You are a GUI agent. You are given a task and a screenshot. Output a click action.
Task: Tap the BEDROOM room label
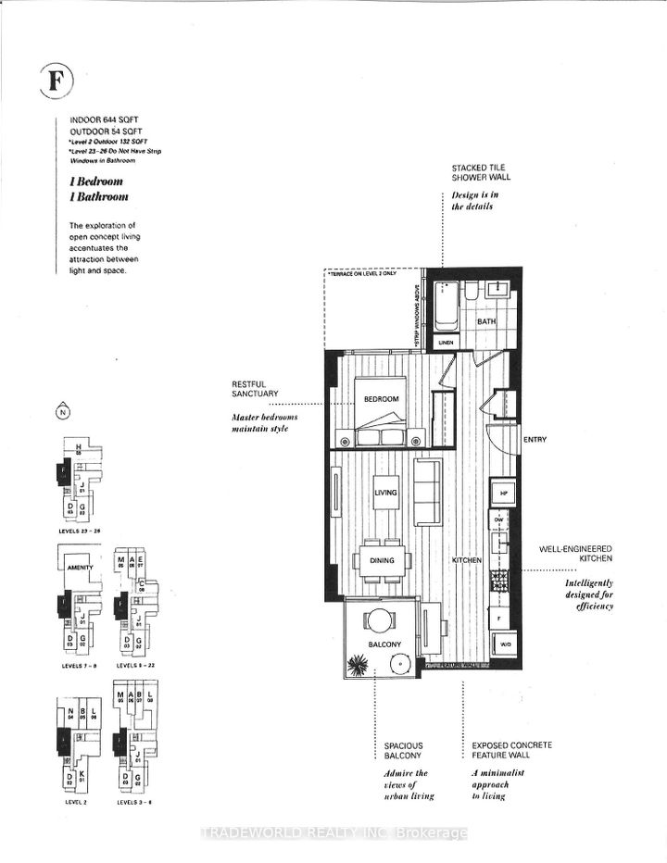pos(381,399)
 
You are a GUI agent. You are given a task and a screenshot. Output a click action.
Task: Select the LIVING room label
pos(385,494)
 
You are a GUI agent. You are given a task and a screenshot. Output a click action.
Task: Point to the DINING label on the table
pos(381,560)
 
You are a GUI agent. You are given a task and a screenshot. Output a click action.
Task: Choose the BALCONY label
pos(382,644)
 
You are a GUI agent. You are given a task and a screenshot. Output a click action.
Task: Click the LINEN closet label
pos(446,343)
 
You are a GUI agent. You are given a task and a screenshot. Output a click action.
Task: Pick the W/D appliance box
pos(504,644)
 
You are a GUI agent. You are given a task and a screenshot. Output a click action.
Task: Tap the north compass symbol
pos(62,412)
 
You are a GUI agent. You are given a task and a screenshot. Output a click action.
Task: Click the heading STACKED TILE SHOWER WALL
pos(481,172)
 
